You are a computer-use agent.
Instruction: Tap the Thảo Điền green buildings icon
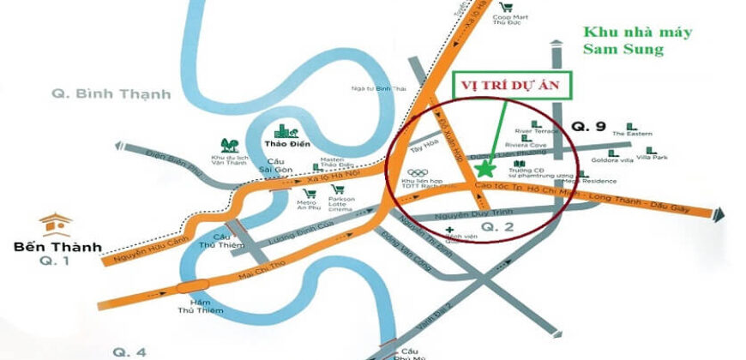point(284,130)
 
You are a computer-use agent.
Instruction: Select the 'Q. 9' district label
point(589,127)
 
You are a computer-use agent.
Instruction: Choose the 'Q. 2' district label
point(496,227)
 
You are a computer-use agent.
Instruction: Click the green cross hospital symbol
point(449,231)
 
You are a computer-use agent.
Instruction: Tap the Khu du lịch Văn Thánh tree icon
point(229,146)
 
